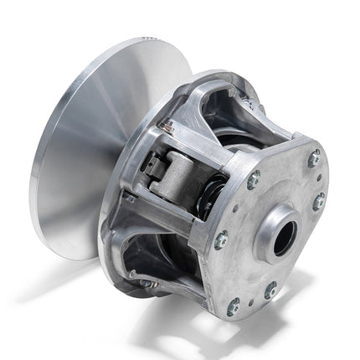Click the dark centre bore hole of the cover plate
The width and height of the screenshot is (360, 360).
click(284, 238)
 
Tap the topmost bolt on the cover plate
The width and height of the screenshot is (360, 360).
click(313, 158)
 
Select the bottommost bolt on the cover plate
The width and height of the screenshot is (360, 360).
click(234, 306)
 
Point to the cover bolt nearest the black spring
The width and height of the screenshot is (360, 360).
click(253, 179)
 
